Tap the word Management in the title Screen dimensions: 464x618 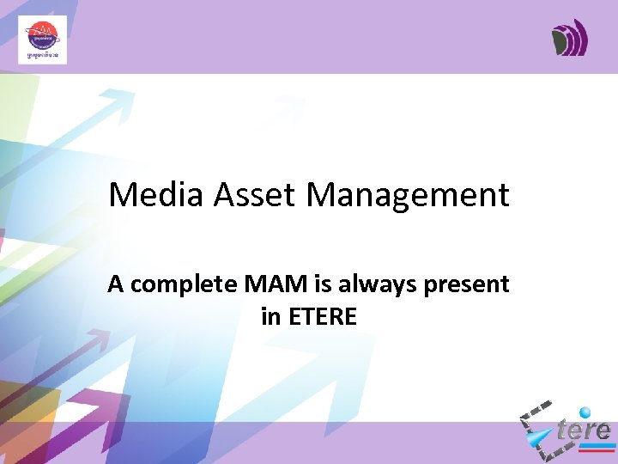point(408,197)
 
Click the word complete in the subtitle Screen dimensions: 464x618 point(174,285)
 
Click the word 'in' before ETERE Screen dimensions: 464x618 point(270,317)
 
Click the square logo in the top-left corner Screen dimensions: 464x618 point(42,40)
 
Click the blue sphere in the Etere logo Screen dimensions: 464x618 point(585,413)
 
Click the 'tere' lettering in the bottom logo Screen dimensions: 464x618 point(583,430)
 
